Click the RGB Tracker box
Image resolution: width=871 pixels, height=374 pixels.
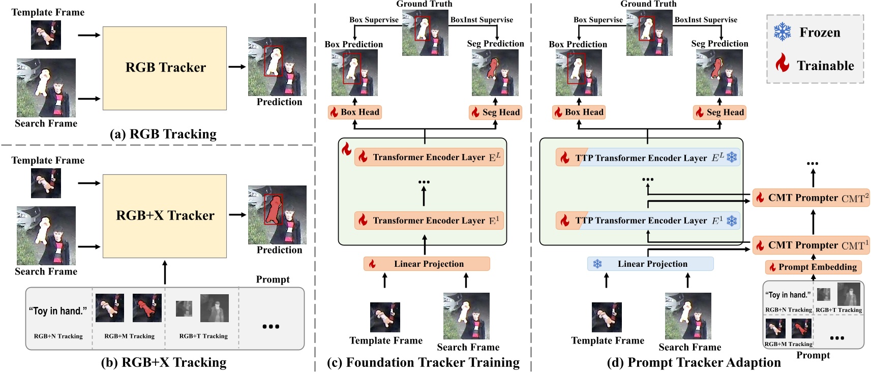coord(165,68)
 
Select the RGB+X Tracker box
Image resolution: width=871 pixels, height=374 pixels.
coord(165,216)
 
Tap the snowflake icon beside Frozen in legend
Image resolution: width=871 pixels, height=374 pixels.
coord(782,32)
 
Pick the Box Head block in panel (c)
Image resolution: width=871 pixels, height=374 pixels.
coord(355,112)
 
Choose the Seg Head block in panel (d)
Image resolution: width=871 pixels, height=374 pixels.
coord(719,112)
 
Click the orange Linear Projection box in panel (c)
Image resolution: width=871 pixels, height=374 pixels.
coord(426,264)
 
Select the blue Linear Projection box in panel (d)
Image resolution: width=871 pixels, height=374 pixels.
coord(650,264)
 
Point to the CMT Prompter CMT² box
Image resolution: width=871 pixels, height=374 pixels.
coord(811,198)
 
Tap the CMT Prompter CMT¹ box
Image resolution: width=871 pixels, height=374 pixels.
coord(811,245)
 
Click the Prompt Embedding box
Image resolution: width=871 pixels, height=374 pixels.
coord(813,267)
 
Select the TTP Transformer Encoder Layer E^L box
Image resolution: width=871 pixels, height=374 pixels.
coord(648,158)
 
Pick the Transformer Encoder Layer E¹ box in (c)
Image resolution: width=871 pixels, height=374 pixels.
coord(429,221)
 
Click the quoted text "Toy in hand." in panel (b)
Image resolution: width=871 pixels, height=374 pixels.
coord(58,311)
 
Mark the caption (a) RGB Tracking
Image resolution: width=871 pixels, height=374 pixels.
coord(163,134)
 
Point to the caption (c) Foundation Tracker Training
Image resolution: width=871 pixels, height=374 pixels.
coord(423,362)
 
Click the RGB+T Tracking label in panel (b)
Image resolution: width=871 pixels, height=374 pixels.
coord(203,336)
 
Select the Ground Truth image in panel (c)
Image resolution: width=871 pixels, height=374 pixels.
coord(425,32)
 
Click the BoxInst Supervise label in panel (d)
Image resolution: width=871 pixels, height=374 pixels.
coord(706,20)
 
